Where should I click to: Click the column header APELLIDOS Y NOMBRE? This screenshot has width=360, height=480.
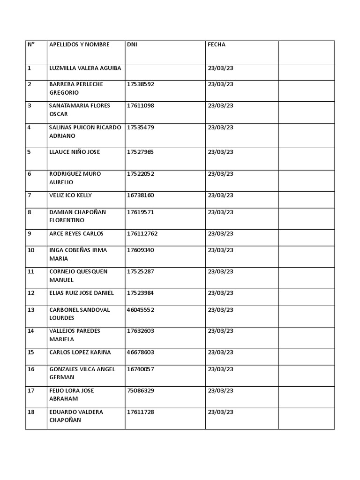tap(79, 45)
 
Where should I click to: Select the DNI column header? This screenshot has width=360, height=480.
tap(132, 45)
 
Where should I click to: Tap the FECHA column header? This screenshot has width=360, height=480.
tap(217, 45)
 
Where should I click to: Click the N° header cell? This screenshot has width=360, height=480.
tap(31, 45)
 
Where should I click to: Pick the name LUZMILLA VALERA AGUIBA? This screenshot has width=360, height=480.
tap(85, 68)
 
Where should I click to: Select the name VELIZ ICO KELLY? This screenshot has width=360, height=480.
tap(70, 195)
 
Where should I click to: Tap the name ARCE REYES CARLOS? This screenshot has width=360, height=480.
tap(76, 233)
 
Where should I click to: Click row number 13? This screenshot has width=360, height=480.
tap(31, 310)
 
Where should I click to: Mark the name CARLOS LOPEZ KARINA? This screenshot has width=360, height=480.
tap(80, 352)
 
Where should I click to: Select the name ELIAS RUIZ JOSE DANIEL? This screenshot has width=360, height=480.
tap(82, 293)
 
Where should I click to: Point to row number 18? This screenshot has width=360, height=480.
tap(31, 412)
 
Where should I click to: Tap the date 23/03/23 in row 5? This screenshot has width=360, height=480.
tap(220, 152)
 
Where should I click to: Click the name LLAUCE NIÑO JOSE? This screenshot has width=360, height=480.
tap(75, 152)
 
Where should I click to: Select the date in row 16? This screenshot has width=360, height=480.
tap(220, 369)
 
